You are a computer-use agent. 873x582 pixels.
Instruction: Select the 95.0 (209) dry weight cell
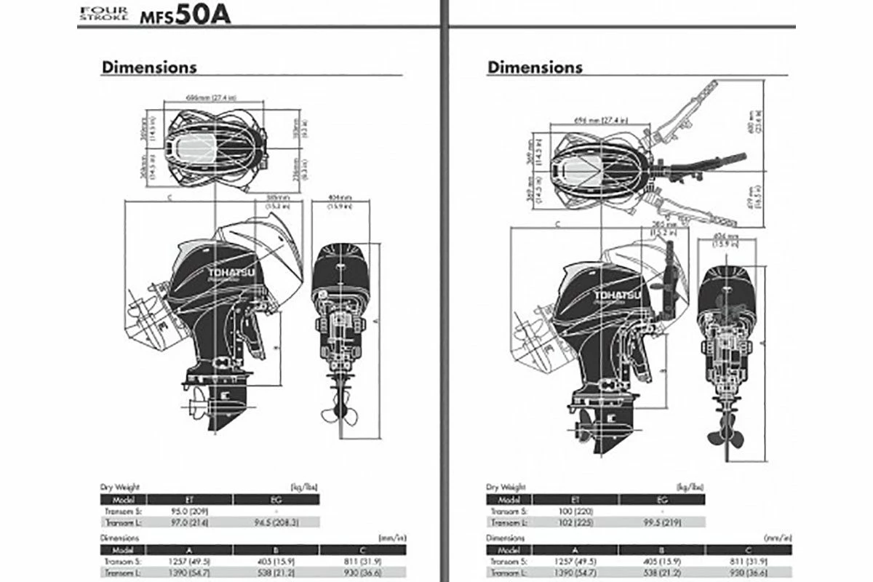[190, 511]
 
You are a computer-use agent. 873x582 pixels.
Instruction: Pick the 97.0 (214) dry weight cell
[190, 522]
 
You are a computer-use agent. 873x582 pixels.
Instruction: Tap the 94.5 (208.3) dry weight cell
[276, 522]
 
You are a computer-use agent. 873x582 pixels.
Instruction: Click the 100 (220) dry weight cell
[575, 511]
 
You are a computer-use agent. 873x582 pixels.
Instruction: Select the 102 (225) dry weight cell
[575, 523]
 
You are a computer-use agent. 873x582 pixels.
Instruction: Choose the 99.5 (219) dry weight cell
[661, 523]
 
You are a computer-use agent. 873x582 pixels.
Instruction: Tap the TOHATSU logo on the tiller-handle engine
[616, 295]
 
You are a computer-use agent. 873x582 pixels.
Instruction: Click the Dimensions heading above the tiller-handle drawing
[535, 68]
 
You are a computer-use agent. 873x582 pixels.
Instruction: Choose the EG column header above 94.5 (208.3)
[276, 499]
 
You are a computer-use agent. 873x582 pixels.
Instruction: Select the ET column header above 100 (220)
[575, 500]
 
